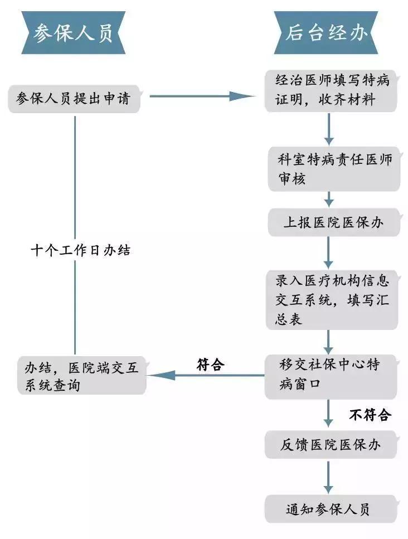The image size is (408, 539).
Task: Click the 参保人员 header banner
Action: click(72, 33)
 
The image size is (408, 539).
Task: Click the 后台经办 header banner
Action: click(328, 33)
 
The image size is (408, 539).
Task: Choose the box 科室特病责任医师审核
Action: click(334, 169)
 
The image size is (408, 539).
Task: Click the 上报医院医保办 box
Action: click(334, 222)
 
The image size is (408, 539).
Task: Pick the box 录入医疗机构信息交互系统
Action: click(333, 299)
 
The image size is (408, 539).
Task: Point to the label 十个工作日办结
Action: click(80, 250)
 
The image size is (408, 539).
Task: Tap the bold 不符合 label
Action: click(370, 414)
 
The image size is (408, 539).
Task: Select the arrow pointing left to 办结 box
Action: click(206, 375)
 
